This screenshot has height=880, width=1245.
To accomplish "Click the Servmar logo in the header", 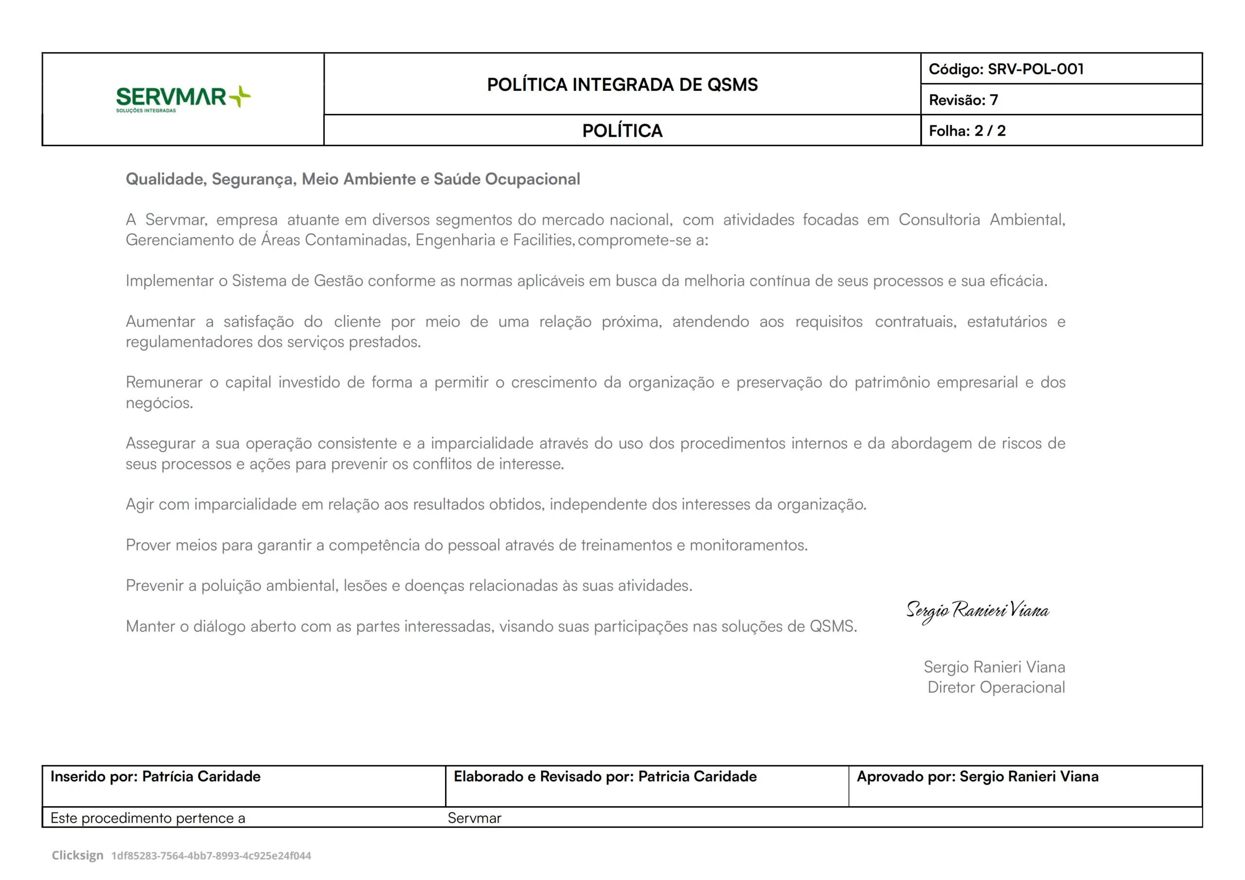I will [183, 98].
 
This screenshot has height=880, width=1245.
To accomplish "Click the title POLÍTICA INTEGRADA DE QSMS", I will [622, 85].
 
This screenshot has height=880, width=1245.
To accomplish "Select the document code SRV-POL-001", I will [1035, 70].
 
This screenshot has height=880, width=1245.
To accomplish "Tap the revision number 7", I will [994, 100].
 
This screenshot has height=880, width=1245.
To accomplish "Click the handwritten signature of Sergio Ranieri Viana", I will [977, 611].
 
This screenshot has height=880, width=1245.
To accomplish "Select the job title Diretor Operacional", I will [996, 687].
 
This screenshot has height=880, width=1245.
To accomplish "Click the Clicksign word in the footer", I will [77, 855].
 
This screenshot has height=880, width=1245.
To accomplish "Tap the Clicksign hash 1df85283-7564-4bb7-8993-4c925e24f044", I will [211, 856].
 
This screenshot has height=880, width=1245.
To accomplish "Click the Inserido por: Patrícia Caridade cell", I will [156, 776].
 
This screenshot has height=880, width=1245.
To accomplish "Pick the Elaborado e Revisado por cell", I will [605, 776].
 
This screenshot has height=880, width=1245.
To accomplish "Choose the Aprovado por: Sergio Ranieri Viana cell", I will [977, 776].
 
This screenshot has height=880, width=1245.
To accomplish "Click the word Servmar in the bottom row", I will [474, 818].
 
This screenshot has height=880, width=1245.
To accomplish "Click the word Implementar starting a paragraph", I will [169, 281].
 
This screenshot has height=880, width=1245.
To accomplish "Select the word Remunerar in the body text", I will [164, 382].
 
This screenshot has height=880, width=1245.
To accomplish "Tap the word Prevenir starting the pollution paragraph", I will [155, 585].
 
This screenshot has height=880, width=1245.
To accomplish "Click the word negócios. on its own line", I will [160, 403].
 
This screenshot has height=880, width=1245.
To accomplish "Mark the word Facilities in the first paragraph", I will [543, 240].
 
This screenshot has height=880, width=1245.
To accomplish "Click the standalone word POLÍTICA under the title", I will [622, 131].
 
